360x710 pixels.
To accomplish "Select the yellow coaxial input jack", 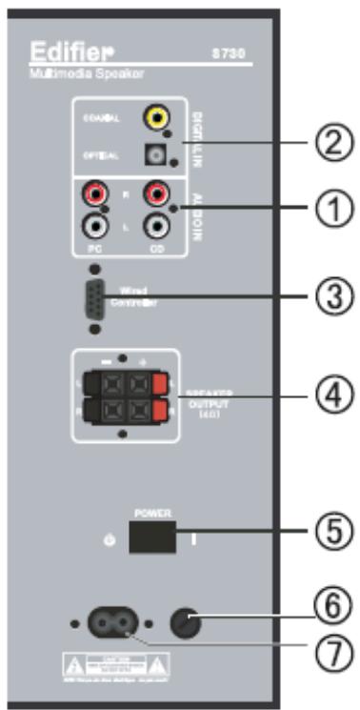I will pyautogui.click(x=154, y=118).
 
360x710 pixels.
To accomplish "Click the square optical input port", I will pyautogui.click(x=155, y=153).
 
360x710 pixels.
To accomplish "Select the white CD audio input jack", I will pyautogui.click(x=155, y=228).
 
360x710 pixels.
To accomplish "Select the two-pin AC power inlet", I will pyautogui.click(x=111, y=624).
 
